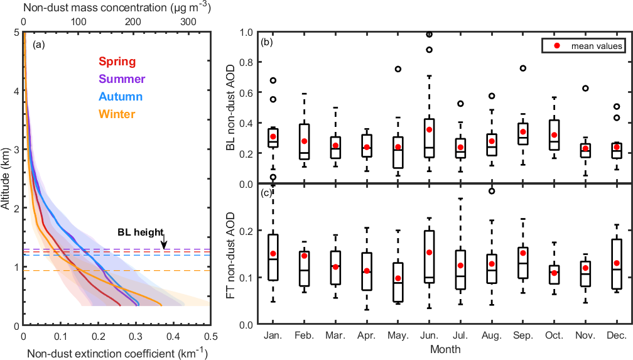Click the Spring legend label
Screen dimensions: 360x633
(117, 62)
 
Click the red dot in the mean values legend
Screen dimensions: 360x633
(557, 46)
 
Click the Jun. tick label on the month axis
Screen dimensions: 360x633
(429, 337)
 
